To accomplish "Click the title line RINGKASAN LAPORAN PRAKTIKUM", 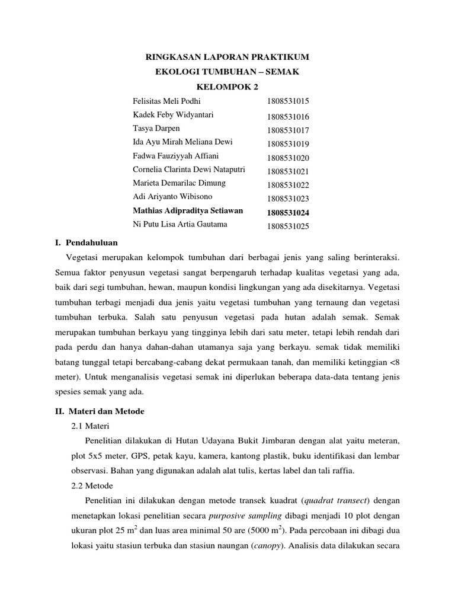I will coord(227,57).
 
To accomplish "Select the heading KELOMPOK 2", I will coord(227,87).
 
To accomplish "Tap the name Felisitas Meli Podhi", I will coord(167,101).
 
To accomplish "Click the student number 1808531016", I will coord(288,117).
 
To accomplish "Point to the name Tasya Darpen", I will coord(156,129).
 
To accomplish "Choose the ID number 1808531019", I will coord(288,144).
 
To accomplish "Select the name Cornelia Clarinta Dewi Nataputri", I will coord(190,170).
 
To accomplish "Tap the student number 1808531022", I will coord(288,185).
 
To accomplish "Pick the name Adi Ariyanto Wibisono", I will coord(172,196).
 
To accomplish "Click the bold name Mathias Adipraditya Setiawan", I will coord(188,210).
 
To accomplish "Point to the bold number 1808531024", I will coord(289,212).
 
